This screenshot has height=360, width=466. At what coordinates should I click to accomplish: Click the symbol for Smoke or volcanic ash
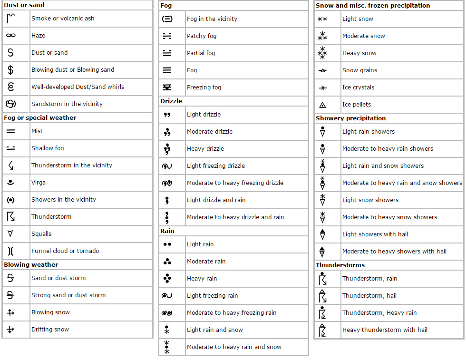point(11,19)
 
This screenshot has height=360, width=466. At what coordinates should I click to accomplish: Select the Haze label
point(38,36)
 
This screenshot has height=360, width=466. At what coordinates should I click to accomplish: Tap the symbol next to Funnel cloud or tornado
point(10,251)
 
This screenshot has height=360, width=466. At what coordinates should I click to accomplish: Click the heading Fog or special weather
point(40,117)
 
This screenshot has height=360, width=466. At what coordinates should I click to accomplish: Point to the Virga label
point(39,183)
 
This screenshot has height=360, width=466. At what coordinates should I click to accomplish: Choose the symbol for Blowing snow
point(10,312)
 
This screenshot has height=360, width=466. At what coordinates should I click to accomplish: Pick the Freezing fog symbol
point(167,88)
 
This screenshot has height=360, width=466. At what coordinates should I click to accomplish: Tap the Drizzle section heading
point(171,101)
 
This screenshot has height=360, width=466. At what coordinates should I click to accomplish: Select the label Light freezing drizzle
point(216,166)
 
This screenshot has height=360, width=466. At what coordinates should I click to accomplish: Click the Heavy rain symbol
point(167,279)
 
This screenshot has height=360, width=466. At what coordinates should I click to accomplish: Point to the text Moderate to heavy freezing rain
point(232,313)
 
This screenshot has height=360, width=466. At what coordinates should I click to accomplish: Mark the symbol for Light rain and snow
point(167,330)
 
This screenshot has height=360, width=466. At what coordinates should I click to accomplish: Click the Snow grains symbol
point(322,70)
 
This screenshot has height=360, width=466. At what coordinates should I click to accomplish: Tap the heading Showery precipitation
point(351,118)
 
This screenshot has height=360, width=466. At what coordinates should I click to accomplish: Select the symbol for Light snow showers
point(322,200)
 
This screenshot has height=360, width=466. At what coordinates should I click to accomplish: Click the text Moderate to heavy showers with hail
point(394,252)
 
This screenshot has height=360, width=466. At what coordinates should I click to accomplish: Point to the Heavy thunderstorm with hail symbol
point(322,330)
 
